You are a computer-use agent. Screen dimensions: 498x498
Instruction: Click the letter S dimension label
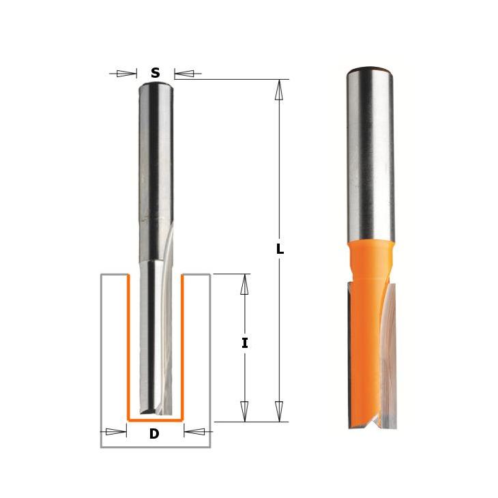click(x=156, y=73)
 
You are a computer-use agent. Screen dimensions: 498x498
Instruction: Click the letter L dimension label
click(x=280, y=249)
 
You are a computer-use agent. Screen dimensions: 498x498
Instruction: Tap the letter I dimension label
click(x=244, y=343)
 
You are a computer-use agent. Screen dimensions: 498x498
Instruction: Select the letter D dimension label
click(x=154, y=433)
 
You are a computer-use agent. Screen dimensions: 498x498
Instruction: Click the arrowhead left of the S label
click(x=126, y=74)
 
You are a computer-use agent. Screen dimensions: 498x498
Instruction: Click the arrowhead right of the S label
click(x=184, y=74)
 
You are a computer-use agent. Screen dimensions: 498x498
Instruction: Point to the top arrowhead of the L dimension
click(x=279, y=89)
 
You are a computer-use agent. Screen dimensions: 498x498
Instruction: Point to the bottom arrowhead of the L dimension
click(x=279, y=411)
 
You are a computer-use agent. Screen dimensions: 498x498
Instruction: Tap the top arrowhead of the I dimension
click(x=244, y=284)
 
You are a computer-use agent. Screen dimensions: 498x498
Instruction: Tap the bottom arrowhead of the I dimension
click(x=244, y=411)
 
